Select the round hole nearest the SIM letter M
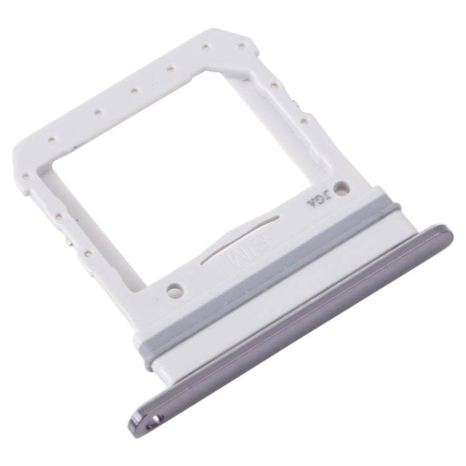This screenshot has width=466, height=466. point(175,289)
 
